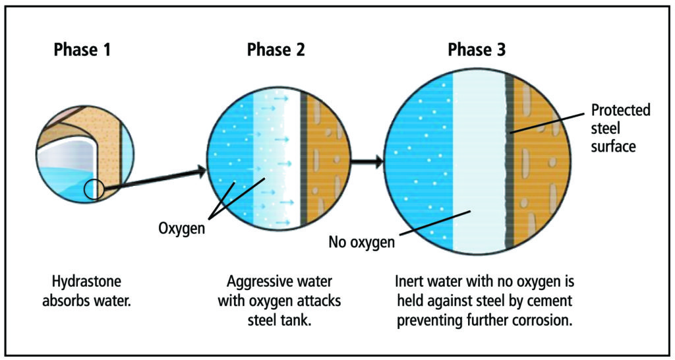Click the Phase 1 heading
(82, 50)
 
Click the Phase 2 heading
(276, 50)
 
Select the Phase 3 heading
(477, 50)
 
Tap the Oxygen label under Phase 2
(181, 227)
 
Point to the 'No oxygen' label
(362, 243)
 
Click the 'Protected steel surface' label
(620, 128)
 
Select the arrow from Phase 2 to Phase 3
(367, 162)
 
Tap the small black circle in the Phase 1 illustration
(94, 189)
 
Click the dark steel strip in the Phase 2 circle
(303, 160)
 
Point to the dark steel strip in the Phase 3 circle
(510, 162)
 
